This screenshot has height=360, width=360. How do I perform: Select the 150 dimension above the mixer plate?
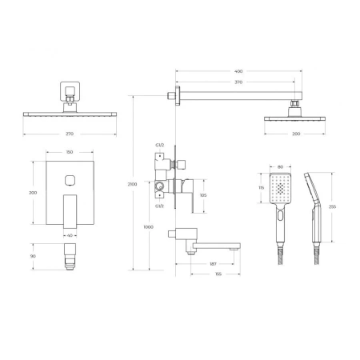pyautogui.click(x=71, y=151)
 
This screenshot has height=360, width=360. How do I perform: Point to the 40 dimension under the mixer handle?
pyautogui.click(x=70, y=235)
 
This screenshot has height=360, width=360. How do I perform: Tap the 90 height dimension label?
pyautogui.click(x=33, y=256)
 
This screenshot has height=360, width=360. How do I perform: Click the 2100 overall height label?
pyautogui.click(x=133, y=184)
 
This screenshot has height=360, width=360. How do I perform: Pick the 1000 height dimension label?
pyautogui.click(x=148, y=227)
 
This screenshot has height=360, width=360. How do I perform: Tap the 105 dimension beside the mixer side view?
pyautogui.click(x=203, y=194)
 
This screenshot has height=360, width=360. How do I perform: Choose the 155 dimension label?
pyautogui.click(x=217, y=274)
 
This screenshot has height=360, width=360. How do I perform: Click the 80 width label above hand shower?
pyautogui.click(x=278, y=167)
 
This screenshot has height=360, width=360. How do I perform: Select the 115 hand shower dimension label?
pyautogui.click(x=262, y=188)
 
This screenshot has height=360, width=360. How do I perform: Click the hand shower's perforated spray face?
pyautogui.click(x=278, y=190)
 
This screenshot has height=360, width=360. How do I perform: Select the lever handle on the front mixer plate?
pyautogui.click(x=70, y=210)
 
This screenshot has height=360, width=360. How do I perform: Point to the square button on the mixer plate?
pyautogui.click(x=70, y=179)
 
